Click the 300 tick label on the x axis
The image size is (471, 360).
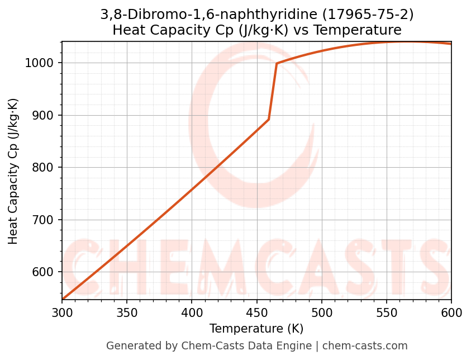point(62,313)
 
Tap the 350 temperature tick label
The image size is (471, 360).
point(127,313)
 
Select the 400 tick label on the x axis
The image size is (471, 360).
point(192,313)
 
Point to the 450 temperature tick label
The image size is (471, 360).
point(256,313)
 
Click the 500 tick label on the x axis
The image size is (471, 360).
point(322,313)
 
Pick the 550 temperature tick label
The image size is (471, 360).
point(387,313)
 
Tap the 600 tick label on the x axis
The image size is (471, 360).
point(451,313)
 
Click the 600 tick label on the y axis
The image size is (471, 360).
point(47,272)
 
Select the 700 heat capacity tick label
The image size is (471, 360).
point(47,220)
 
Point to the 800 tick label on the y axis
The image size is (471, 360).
point(47,168)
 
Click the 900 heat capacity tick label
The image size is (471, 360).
point(47,116)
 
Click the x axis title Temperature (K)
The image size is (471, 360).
point(256,329)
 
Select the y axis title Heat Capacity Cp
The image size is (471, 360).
point(13,171)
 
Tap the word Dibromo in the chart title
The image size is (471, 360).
point(150,15)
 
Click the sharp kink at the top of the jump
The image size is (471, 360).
point(277,63)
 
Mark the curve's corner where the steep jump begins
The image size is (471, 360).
point(269,119)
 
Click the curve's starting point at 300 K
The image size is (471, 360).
point(63,300)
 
